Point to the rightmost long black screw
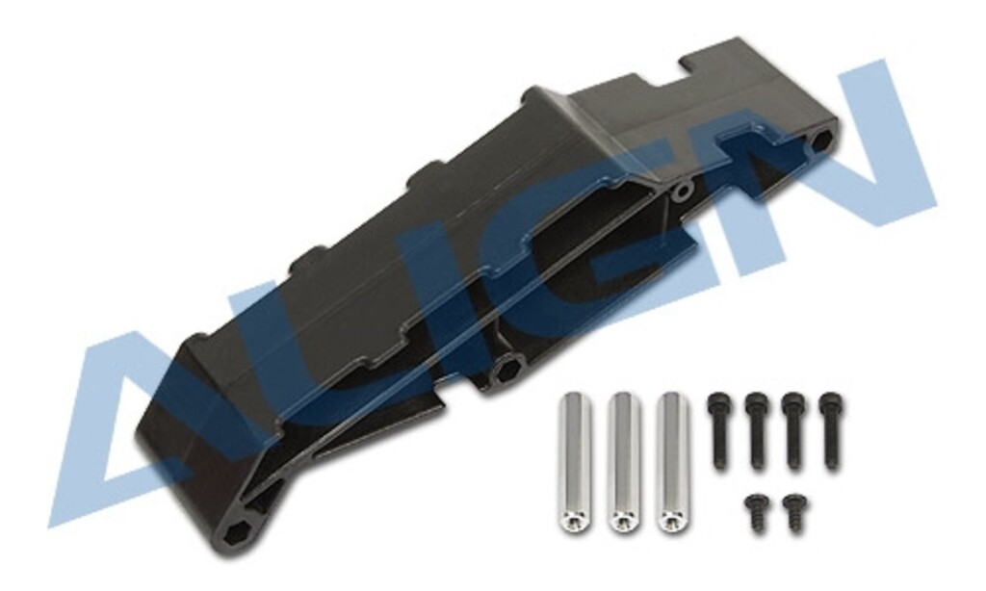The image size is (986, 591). [830, 429]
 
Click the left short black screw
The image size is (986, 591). [758, 510]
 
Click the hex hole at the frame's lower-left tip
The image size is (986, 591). [238, 535]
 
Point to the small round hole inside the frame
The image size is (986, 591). [682, 191]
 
